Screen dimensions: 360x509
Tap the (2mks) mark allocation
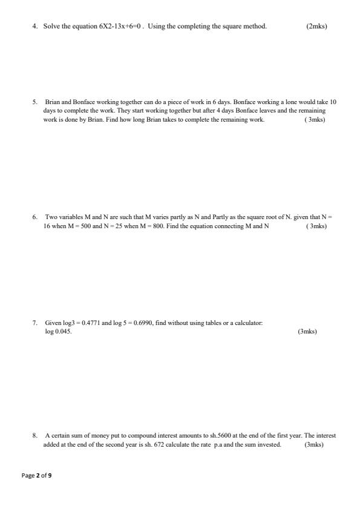pyautogui.click(x=317, y=27)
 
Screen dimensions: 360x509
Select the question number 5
pyautogui.click(x=35, y=103)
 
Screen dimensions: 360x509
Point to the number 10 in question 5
pyautogui.click(x=332, y=103)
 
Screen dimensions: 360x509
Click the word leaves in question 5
pyautogui.click(x=270, y=111)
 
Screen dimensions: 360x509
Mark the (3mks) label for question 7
pyautogui.click(x=307, y=332)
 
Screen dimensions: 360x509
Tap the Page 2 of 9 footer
pyautogui.click(x=37, y=476)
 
